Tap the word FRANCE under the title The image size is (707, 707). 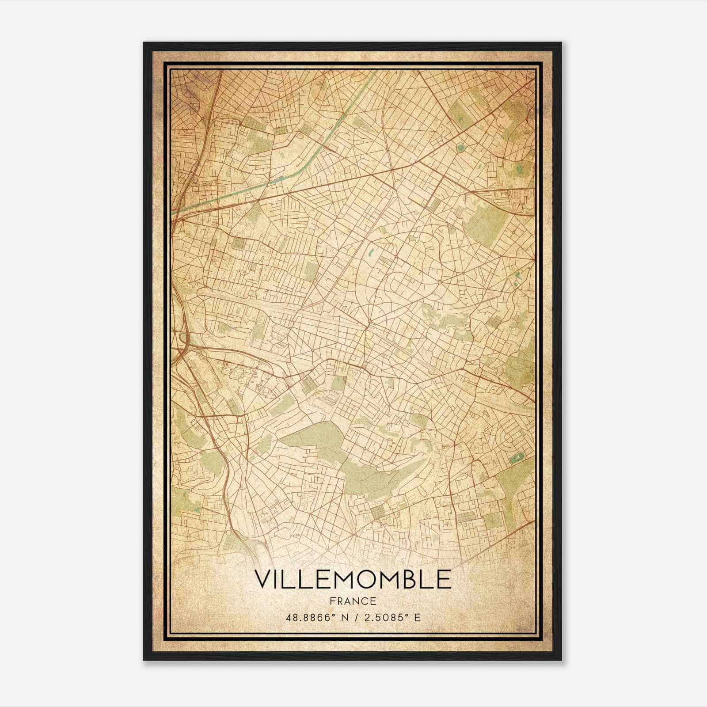[x=353, y=601]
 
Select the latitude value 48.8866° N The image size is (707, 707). [x=315, y=617]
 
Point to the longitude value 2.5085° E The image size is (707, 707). [x=391, y=617]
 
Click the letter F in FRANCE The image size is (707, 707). [x=332, y=601]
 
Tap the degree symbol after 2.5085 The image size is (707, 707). [x=407, y=615]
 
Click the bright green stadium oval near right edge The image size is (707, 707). [x=515, y=459]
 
